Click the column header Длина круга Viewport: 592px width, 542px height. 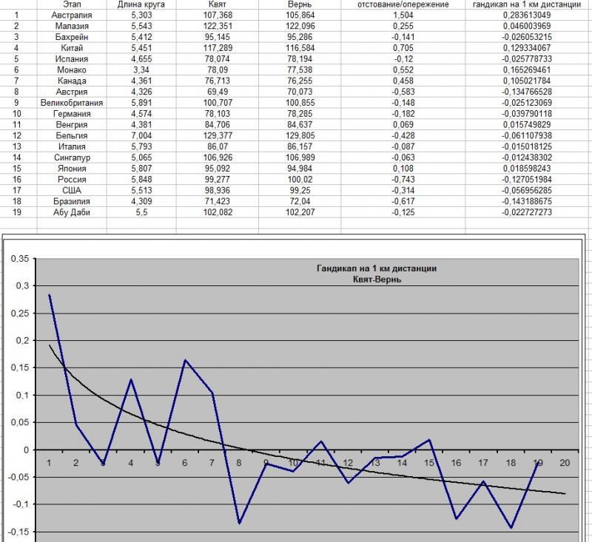click(141, 4)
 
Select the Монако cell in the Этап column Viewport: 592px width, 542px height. click(72, 70)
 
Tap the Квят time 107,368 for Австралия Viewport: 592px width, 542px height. click(218, 15)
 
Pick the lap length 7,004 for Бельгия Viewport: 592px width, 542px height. click(141, 135)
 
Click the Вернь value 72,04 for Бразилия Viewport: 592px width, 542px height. click(300, 201)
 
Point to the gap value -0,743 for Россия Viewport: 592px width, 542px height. click(403, 179)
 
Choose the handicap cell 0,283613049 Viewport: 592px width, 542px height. click(527, 15)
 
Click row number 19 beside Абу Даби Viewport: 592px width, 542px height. click(16, 212)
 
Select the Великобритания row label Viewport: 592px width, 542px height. click(72, 103)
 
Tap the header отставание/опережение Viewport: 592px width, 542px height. click(403, 4)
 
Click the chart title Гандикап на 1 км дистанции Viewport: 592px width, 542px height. click(377, 268)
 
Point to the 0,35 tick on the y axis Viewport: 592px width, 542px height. click(20, 259)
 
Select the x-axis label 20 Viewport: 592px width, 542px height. click(565, 463)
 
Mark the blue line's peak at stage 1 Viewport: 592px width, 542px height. click(49, 294)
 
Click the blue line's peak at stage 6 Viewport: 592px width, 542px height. click(185, 360)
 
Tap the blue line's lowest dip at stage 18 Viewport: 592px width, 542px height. click(511, 528)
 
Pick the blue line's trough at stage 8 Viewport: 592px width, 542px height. click(239, 523)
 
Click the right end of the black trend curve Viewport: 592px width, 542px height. click(565, 493)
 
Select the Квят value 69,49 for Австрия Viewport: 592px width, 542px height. click(218, 92)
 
